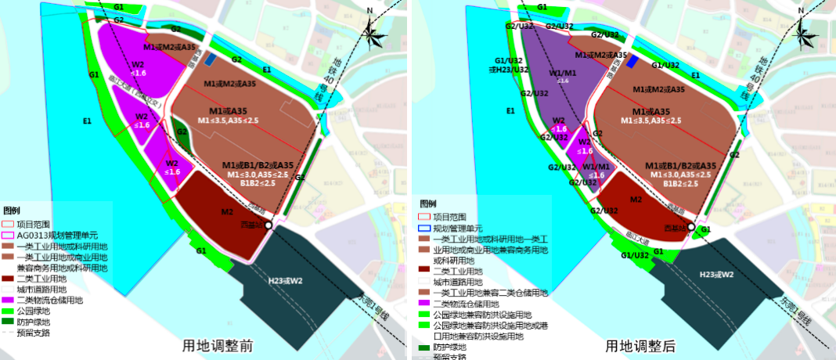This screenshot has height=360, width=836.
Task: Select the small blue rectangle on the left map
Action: (211, 59)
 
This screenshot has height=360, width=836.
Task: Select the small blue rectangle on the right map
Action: (633, 63)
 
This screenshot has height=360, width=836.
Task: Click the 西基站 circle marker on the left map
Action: (268, 225)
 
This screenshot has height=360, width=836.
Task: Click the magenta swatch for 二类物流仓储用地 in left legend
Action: (9, 300)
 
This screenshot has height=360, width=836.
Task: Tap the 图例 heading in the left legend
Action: (12, 211)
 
